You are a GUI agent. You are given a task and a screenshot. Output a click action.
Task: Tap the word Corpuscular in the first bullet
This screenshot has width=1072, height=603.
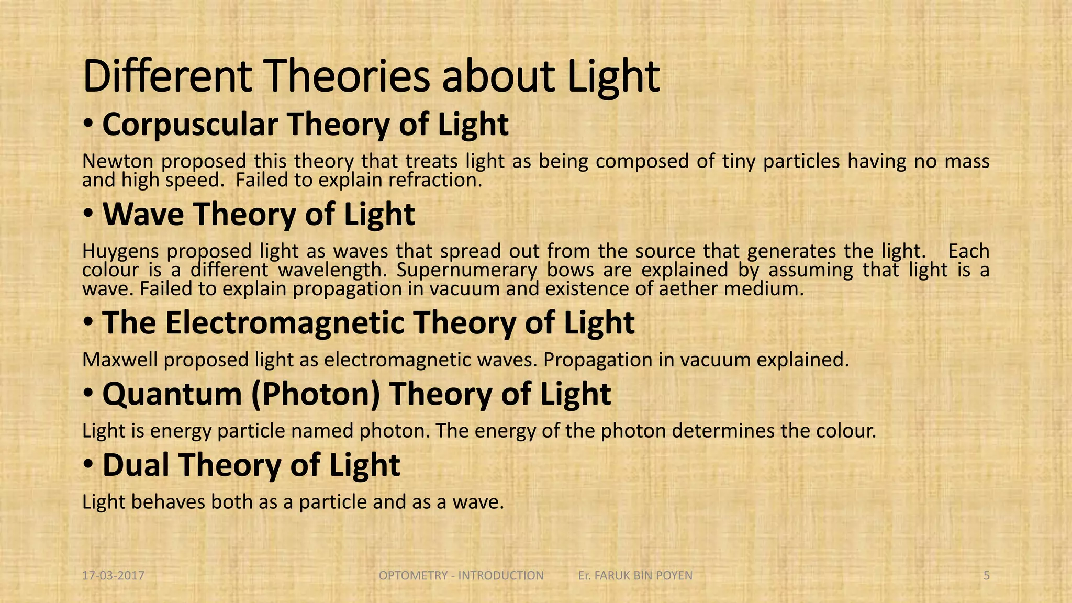(189, 125)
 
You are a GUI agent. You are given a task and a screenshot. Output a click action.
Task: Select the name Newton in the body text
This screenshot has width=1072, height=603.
(118, 161)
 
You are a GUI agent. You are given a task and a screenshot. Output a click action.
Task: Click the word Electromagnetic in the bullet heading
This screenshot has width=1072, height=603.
(285, 322)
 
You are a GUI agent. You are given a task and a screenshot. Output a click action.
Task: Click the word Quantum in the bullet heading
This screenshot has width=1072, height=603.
(172, 394)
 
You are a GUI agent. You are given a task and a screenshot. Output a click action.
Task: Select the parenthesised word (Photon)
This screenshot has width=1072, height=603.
(316, 394)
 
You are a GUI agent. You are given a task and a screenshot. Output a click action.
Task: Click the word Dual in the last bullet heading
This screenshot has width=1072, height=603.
(137, 465)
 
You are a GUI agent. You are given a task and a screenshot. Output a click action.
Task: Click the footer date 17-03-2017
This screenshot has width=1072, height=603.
(113, 576)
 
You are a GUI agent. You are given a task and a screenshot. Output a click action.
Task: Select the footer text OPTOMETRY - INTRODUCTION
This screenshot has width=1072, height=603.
(461, 576)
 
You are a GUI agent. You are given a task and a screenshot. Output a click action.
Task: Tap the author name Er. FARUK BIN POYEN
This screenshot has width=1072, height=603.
(635, 576)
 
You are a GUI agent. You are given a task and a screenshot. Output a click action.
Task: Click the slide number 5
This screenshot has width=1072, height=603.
(986, 576)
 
